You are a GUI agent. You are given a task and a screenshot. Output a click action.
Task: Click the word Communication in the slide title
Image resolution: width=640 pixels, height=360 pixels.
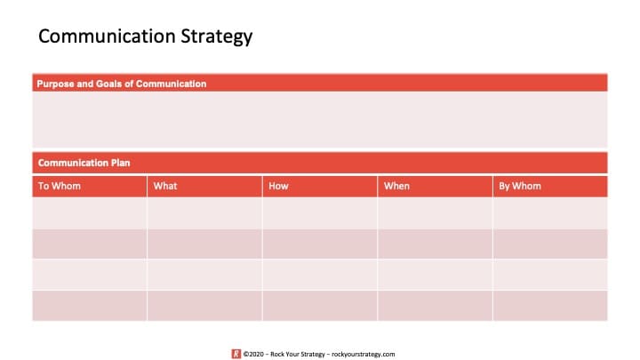(107, 36)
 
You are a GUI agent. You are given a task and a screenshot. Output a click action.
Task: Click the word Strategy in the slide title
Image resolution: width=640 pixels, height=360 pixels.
(217, 36)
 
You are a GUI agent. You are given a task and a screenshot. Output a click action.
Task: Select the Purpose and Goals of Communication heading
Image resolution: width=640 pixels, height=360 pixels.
(122, 84)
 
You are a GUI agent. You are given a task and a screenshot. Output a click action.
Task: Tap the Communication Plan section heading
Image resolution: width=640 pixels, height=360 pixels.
(84, 163)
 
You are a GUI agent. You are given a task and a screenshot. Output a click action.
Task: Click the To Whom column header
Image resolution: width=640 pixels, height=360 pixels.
(60, 186)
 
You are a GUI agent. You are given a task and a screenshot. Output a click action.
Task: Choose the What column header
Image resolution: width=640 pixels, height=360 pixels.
(165, 186)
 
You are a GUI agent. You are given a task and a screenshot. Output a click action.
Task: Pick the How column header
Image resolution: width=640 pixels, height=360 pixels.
(278, 186)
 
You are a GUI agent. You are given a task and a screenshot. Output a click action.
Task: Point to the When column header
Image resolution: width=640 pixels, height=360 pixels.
(396, 186)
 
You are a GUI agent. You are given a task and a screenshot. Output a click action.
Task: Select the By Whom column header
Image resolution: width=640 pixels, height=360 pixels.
(520, 186)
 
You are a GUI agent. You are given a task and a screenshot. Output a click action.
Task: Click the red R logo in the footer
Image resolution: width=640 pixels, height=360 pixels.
(236, 354)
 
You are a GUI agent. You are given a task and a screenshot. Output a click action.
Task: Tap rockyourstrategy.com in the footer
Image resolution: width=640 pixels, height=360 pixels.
(364, 355)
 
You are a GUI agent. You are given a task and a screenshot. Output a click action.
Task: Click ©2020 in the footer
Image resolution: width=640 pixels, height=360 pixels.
(253, 355)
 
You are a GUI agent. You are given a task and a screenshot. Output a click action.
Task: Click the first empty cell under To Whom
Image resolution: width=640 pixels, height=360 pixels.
(90, 213)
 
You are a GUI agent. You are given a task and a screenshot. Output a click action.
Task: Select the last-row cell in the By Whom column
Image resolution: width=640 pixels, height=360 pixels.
(550, 306)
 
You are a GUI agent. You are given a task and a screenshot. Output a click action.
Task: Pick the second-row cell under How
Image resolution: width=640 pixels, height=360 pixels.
(320, 244)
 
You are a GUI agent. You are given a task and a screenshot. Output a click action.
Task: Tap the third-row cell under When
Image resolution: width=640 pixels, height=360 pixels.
(435, 275)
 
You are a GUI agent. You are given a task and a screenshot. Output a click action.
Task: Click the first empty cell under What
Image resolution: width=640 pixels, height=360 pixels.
(205, 213)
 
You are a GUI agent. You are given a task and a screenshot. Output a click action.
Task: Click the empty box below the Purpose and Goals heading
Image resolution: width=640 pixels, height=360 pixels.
(320, 119)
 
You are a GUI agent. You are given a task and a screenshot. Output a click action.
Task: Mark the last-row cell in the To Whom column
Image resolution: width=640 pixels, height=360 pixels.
(90, 306)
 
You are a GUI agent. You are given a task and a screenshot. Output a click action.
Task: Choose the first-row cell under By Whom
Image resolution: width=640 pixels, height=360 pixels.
(550, 213)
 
